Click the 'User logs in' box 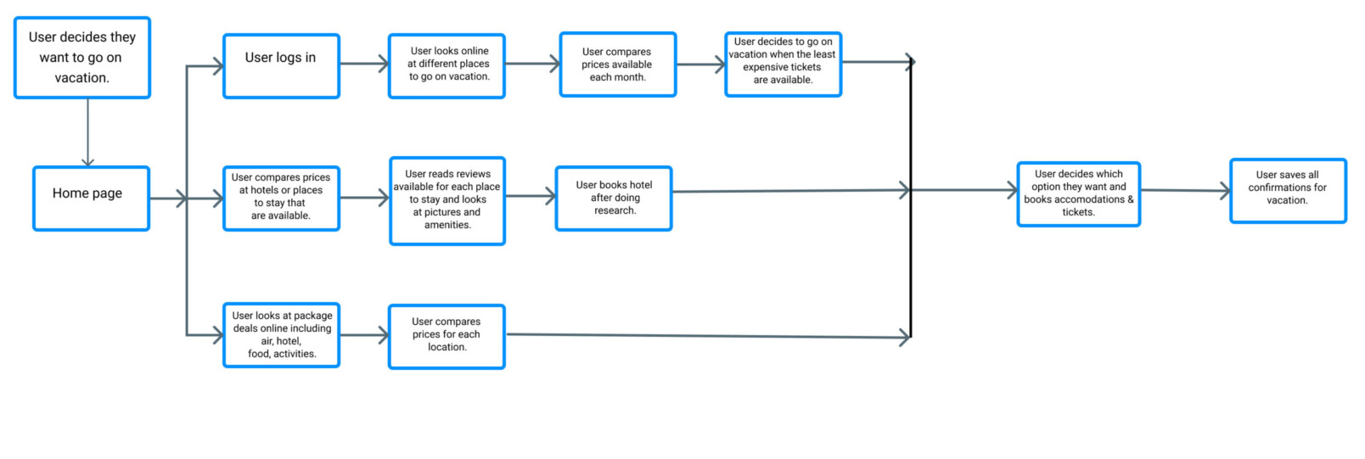tap(281, 65)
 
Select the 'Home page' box tap(92, 199)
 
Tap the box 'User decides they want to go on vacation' tap(82, 57)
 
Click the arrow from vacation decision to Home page tap(87, 132)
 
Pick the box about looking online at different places tap(447, 65)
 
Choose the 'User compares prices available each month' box tap(618, 64)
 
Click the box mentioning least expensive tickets tap(783, 64)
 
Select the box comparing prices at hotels tap(281, 199)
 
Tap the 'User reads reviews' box tap(447, 201)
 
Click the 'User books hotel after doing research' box tap(614, 199)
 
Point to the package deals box tap(281, 335)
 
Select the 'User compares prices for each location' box tap(447, 337)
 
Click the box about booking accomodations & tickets tap(1079, 194)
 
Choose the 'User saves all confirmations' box tap(1289, 191)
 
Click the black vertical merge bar tap(911, 198)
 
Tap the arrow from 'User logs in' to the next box tap(364, 64)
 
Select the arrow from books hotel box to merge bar tap(791, 191)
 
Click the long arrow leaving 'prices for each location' tap(708, 335)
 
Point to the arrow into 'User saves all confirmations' tap(1186, 191)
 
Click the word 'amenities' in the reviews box tap(447, 225)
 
